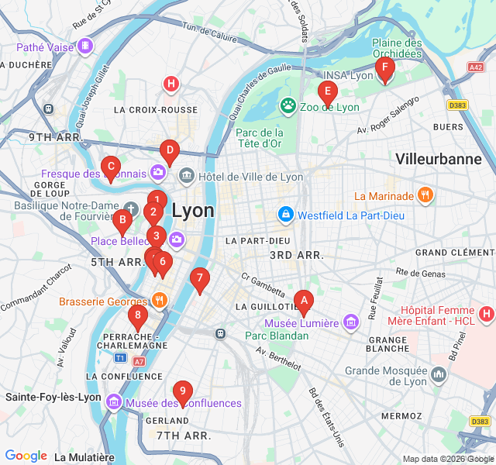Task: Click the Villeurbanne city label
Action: coord(438,160)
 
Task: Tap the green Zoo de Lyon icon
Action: coord(288,105)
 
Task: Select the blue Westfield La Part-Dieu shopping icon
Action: coord(285,213)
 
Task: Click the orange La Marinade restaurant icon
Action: coord(425,196)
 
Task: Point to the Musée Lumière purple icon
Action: coord(352,322)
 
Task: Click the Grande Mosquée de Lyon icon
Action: coord(439,376)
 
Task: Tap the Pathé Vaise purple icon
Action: coord(85,46)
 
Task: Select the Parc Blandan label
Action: coord(277,336)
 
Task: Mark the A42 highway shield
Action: coord(475,67)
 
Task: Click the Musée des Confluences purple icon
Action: coord(114,402)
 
